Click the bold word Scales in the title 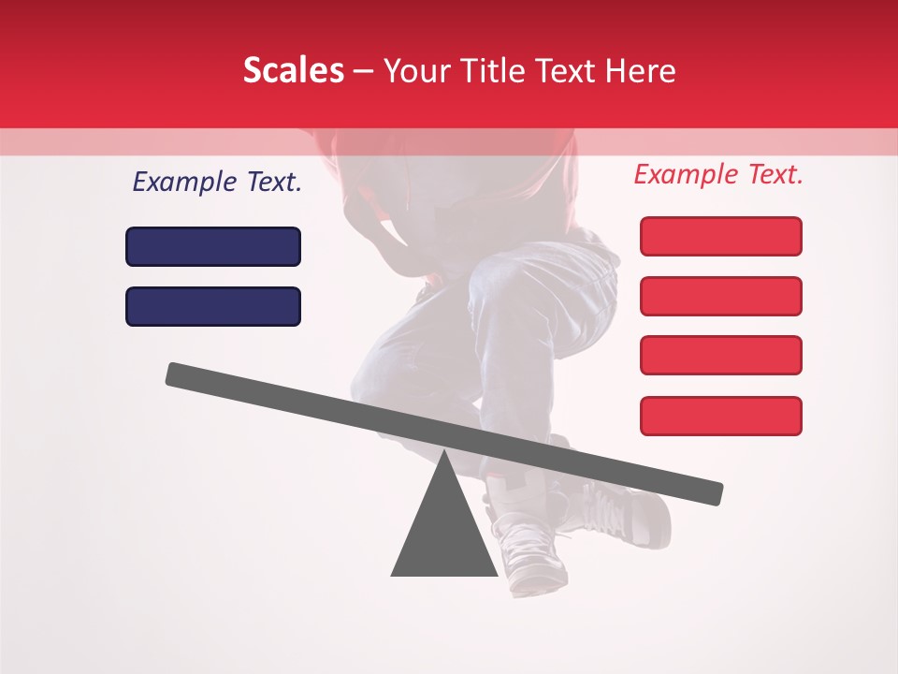(x=293, y=71)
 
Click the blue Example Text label (x=217, y=183)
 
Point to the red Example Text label (x=718, y=174)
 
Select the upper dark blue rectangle (x=213, y=246)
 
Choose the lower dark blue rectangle (x=213, y=306)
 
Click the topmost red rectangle (x=720, y=236)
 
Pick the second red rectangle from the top (x=720, y=296)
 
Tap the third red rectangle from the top (x=720, y=355)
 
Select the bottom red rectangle (x=720, y=416)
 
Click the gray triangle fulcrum (x=444, y=534)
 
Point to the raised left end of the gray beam (x=178, y=374)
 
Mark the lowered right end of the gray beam (x=711, y=492)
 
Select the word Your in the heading (x=416, y=71)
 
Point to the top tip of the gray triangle (x=444, y=453)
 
